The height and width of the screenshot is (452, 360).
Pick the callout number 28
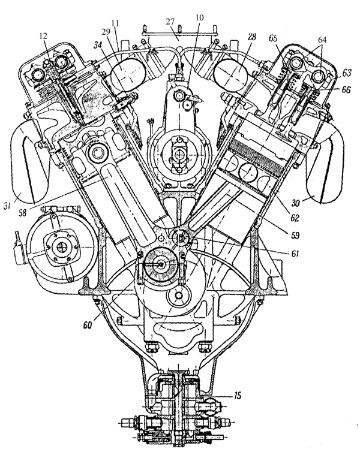click(x=252, y=38)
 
